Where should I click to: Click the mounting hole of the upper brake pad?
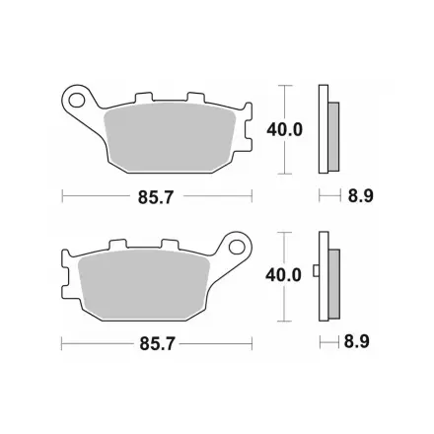pyautogui.click(x=76, y=100)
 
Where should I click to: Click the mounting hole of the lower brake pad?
pyautogui.click(x=237, y=247)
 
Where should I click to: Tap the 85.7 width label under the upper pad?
pyautogui.click(x=155, y=197)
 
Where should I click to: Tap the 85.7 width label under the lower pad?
pyautogui.click(x=157, y=344)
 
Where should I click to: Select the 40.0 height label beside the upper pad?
pyautogui.click(x=284, y=130)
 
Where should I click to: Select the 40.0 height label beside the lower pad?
pyautogui.click(x=283, y=275)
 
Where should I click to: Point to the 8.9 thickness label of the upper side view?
pyautogui.click(x=361, y=196)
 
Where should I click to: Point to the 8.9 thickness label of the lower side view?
pyautogui.click(x=357, y=341)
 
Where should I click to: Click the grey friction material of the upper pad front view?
pyautogui.click(x=170, y=137)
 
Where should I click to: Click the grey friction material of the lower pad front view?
pyautogui.click(x=145, y=284)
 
